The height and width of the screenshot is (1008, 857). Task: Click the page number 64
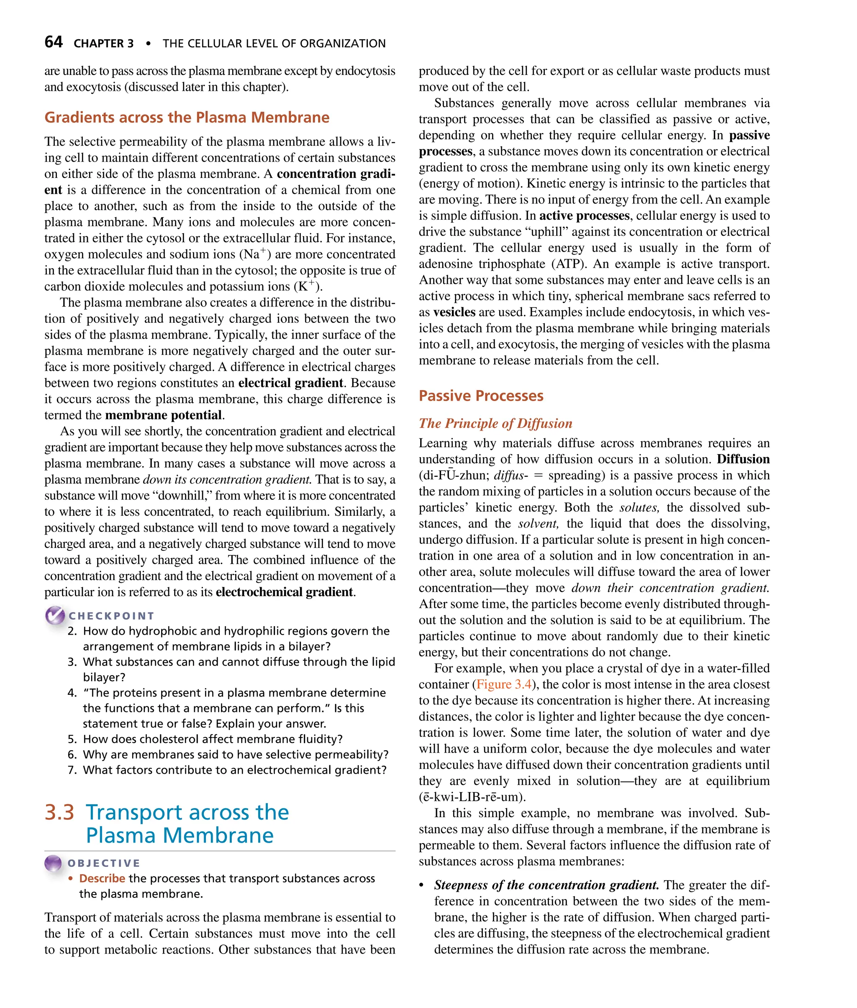tap(53, 42)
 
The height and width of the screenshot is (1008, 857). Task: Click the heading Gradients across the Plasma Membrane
tap(187, 117)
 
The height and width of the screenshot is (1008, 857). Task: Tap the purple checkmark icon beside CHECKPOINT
tap(55, 615)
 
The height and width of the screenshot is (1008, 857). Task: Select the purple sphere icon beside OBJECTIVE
tap(53, 863)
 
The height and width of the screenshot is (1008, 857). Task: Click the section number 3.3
tap(59, 812)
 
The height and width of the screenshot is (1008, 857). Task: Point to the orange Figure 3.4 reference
tap(504, 684)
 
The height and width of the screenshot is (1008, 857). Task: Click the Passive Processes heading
tap(480, 396)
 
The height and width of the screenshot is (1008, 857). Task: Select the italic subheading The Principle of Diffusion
tap(495, 423)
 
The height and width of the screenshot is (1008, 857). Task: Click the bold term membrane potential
tap(163, 415)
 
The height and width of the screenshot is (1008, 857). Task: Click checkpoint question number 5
tap(72, 739)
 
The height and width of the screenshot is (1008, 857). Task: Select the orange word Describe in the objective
tap(102, 878)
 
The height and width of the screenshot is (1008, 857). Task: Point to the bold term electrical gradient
tap(290, 383)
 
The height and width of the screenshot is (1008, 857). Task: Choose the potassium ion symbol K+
tap(306, 286)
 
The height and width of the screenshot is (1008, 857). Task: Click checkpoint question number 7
tap(72, 770)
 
